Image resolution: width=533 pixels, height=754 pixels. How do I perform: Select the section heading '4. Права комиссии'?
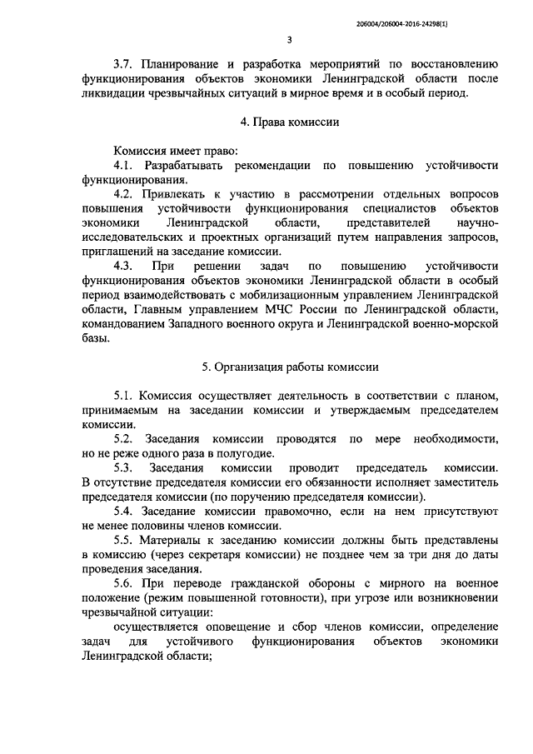pyautogui.click(x=289, y=122)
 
